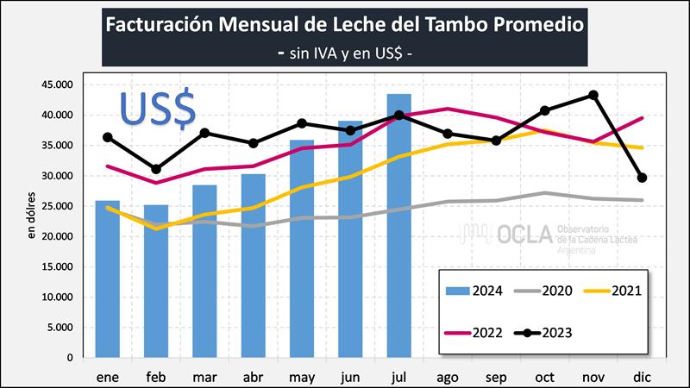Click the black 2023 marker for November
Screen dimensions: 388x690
point(593,95)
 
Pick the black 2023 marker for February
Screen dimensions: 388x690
point(155,169)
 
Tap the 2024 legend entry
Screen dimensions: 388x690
point(474,290)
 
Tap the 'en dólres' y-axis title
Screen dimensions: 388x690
point(32,216)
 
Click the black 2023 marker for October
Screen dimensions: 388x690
point(545,110)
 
